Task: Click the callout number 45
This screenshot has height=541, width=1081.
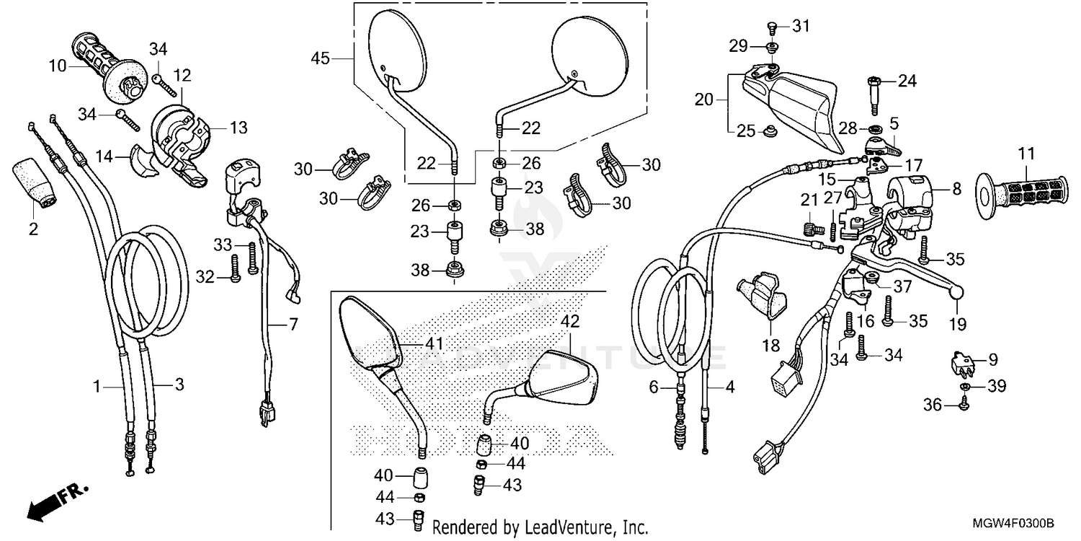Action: point(321,58)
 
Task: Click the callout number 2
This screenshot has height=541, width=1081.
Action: point(33,229)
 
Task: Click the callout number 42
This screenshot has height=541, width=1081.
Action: point(570,321)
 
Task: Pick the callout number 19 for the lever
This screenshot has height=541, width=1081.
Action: point(957,325)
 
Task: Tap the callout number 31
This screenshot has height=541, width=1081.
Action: point(801,26)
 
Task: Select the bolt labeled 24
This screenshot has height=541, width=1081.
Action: point(874,92)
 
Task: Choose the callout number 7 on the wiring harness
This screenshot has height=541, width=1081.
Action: point(293,325)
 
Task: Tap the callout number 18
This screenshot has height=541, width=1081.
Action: point(771,346)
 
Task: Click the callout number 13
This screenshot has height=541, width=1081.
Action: point(238,128)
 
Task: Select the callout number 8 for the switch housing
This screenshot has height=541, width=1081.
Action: point(956,190)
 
